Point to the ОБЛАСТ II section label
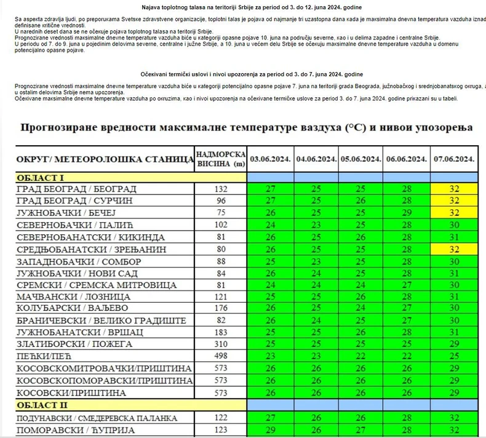click(x=42, y=405)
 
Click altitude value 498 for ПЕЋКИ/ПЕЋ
click(x=221, y=356)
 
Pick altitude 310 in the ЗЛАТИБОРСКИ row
click(x=221, y=344)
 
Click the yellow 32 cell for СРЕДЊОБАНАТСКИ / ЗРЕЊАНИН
click(x=455, y=249)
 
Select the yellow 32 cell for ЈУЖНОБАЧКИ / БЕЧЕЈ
click(x=455, y=213)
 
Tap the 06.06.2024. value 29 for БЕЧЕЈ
click(x=406, y=213)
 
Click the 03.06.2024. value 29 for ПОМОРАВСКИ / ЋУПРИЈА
click(x=271, y=430)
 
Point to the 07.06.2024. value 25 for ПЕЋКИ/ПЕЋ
click(x=455, y=356)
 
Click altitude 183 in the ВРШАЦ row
click(x=221, y=332)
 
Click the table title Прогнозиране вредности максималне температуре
click(x=247, y=127)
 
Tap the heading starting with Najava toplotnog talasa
click(x=247, y=7)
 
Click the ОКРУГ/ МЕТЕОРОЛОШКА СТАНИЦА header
click(x=105, y=159)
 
